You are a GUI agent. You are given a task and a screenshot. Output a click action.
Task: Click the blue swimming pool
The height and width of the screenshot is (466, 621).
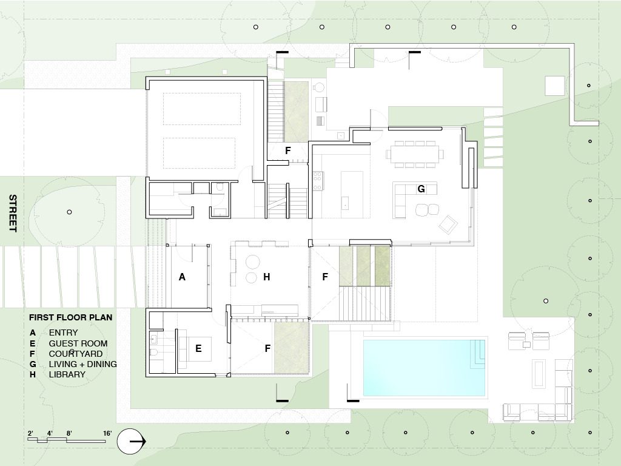tap(424, 367)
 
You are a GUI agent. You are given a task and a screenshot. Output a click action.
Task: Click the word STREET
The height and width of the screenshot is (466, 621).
tap(13, 213)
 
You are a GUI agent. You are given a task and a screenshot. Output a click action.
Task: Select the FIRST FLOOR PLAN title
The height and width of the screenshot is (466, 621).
tap(70, 317)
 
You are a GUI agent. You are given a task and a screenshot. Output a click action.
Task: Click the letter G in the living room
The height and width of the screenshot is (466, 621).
tap(421, 189)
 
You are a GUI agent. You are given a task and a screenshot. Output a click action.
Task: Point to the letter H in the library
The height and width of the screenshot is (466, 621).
tap(267, 277)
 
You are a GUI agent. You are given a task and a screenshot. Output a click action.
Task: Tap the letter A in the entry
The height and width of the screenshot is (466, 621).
tap(182, 277)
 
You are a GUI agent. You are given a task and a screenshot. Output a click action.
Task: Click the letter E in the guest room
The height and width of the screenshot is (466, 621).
tap(198, 348)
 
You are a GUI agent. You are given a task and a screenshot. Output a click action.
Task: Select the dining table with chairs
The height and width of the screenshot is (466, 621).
tap(415, 154)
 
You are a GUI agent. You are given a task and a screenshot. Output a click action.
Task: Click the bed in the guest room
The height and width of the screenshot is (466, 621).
tap(195, 349)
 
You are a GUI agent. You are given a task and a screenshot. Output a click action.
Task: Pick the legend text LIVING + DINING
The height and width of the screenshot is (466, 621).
tap(82, 364)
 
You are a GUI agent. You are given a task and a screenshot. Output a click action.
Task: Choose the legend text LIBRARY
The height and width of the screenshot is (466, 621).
tap(67, 374)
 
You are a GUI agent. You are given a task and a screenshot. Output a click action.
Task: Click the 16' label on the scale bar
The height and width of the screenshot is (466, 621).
tap(107, 433)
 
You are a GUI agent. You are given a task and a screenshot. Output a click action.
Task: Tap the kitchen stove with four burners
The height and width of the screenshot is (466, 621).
tap(318, 181)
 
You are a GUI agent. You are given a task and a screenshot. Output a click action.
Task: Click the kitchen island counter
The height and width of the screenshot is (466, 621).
tap(352, 190)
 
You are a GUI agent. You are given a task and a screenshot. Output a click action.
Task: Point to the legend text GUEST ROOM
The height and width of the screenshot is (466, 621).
tap(78, 343)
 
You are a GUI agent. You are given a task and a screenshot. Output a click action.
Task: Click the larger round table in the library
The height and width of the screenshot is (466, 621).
tap(253, 262)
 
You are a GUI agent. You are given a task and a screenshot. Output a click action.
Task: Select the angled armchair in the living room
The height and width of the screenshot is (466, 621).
tap(448, 225)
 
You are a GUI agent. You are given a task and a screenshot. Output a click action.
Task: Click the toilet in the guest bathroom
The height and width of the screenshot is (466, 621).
tap(155, 353)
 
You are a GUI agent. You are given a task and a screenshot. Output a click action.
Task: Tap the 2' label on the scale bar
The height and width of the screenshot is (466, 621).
tap(30, 433)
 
